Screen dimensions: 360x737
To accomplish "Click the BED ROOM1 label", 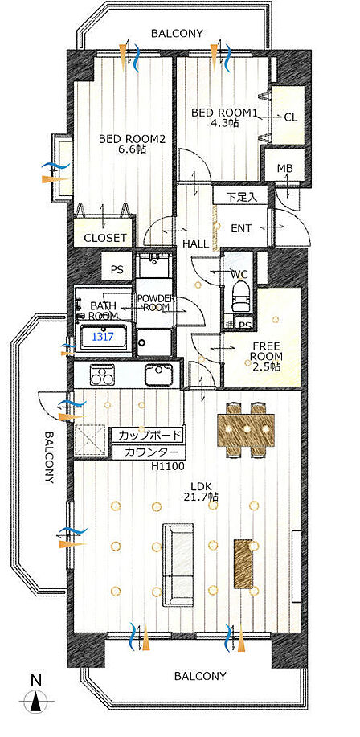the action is tap(223, 113).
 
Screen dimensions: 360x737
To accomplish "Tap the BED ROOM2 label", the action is tap(132, 140).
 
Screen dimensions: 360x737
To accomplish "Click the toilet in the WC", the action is tap(239, 295).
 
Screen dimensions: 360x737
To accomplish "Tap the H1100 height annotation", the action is tap(167, 467).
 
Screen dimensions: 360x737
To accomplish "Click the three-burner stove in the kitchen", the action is tap(100, 375).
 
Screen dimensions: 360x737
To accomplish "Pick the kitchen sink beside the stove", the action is tap(159, 375).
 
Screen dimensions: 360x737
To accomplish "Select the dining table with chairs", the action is tap(247, 429).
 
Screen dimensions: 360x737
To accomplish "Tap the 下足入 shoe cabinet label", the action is tap(242, 197).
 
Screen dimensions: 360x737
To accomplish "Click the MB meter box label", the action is tap(284, 168).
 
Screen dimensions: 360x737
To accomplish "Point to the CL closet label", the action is tap(291, 117).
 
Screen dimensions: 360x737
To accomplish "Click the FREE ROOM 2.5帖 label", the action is tap(266, 354).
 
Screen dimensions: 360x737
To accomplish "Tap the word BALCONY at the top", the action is tap(177, 34).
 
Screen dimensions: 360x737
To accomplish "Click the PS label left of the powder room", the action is tap(117, 270).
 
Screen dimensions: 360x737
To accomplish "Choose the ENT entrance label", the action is tap(241, 229).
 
